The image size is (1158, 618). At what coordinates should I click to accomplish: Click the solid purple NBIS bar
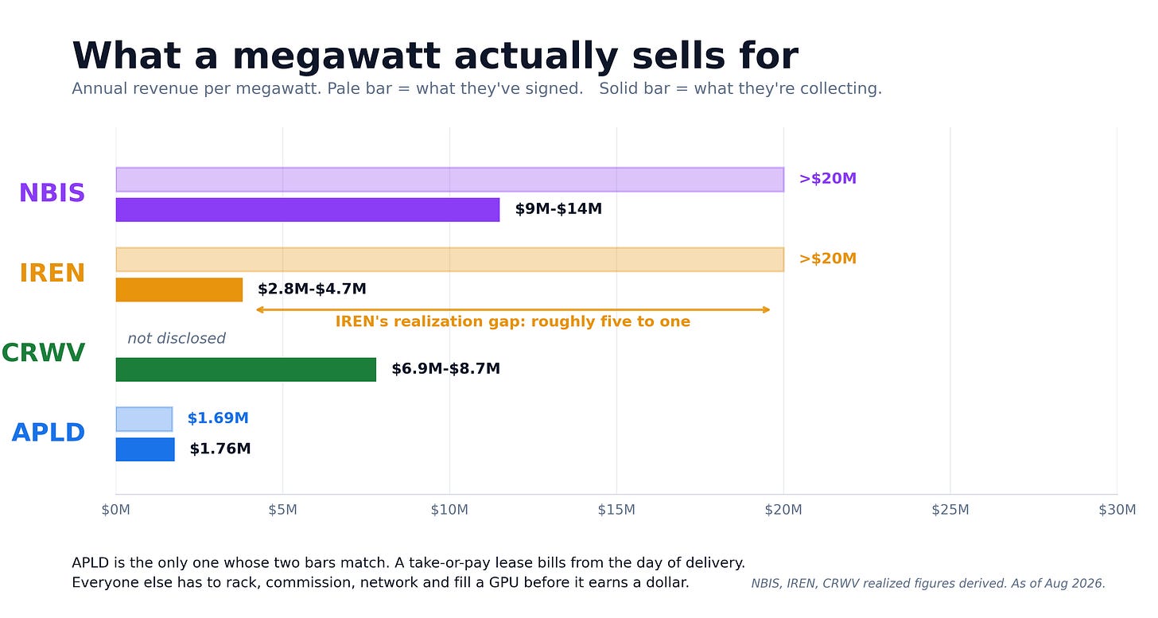[x=308, y=210]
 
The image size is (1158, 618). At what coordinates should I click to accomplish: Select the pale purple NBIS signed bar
[x=450, y=180]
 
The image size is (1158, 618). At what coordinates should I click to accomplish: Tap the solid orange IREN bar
[x=179, y=290]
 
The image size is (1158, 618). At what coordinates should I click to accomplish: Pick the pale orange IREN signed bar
[x=450, y=259]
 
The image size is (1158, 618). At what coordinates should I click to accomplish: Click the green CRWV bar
[x=246, y=370]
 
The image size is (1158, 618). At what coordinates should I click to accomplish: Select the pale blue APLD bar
[x=144, y=419]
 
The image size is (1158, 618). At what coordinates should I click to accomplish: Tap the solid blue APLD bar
[x=146, y=449]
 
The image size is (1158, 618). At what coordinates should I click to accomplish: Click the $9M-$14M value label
[x=558, y=209]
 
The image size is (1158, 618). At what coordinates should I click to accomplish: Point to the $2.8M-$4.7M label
[x=312, y=289]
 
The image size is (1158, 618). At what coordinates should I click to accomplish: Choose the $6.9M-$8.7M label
[x=445, y=369]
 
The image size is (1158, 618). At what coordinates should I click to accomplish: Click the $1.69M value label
[x=218, y=418]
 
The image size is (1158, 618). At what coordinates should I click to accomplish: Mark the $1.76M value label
[x=220, y=449]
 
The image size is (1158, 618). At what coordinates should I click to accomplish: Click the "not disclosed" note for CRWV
[x=177, y=338]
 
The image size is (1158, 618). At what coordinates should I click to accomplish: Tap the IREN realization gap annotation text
[x=513, y=321]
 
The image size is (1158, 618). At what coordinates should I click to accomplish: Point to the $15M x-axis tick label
[x=616, y=510]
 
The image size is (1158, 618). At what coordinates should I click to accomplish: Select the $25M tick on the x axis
[x=950, y=510]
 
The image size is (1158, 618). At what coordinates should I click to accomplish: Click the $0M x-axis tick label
[x=116, y=510]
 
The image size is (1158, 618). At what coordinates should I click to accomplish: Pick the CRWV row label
[x=43, y=352]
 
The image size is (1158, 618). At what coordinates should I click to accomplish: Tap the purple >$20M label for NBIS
[x=828, y=178]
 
